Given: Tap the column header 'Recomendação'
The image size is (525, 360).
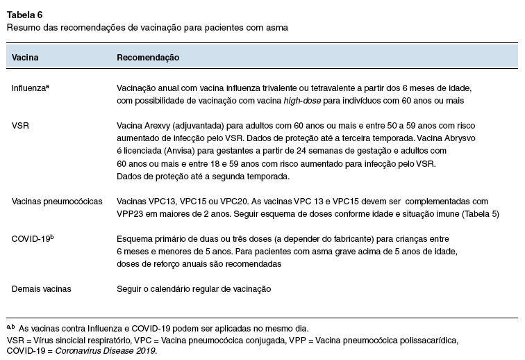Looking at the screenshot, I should tap(148, 58).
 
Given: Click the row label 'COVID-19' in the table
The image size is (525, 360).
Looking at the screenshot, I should tap(32, 238).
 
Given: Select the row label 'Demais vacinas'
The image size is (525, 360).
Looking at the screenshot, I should tap(41, 288).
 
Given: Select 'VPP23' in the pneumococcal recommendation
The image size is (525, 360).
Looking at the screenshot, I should tap(130, 213).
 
